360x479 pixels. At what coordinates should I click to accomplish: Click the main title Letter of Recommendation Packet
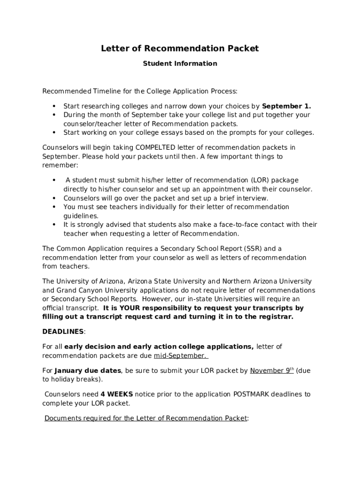click(180, 49)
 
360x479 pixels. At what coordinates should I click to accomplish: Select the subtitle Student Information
click(180, 64)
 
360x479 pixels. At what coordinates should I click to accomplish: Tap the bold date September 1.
click(286, 106)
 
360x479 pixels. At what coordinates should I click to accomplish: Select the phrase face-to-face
click(240, 225)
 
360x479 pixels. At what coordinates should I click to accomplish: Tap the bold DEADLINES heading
click(63, 332)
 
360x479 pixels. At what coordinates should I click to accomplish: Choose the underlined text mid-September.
click(180, 356)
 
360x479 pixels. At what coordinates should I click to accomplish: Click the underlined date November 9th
click(272, 371)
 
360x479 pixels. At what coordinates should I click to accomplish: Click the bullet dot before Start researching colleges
click(54, 106)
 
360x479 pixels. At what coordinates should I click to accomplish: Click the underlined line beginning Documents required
click(145, 419)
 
